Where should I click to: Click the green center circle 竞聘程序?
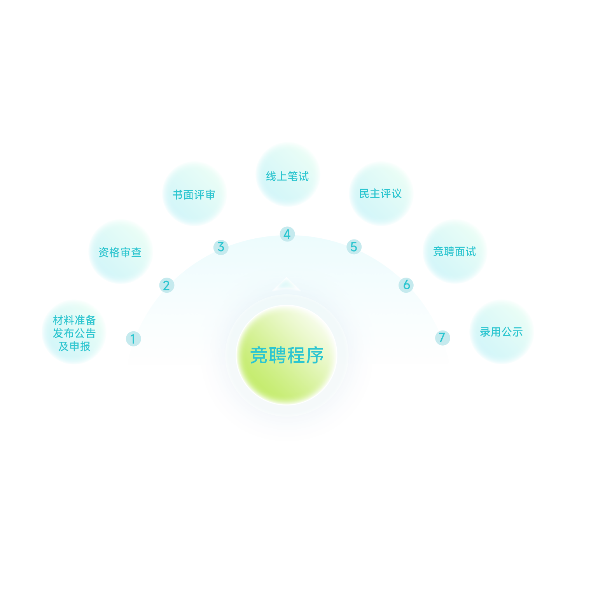coord(287,355)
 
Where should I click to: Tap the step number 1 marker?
coord(133,339)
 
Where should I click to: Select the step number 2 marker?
coord(167,285)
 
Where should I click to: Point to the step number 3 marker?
coord(221,247)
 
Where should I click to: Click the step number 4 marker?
coord(287,234)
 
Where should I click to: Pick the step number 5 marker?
coord(354,247)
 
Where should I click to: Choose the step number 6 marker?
coord(406,285)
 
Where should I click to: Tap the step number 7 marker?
coord(442,337)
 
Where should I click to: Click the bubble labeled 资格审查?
coord(120,252)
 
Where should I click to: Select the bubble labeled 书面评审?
coord(194,194)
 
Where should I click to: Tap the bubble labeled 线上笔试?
coord(288,175)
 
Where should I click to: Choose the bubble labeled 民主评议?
coord(381,194)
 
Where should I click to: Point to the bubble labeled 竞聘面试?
coord(455,251)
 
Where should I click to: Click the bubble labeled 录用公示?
coord(501,331)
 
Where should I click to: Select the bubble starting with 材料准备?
coord(74,332)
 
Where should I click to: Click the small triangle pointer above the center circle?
coord(287,284)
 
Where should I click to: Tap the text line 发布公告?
coord(74,333)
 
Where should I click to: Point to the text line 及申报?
coord(74,346)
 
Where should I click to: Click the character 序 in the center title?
coord(315,355)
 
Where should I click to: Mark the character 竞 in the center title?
coord(259,355)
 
